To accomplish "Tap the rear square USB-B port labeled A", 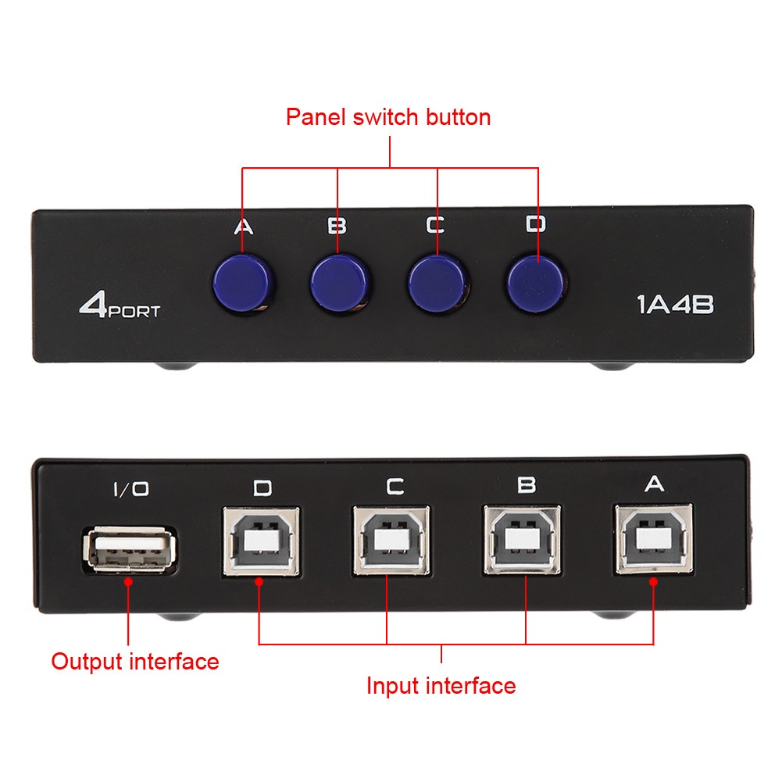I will pos(652,539).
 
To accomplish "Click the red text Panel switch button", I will pos(388,117).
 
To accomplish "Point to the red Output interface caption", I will pos(135,662).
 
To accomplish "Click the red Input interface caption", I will pos(441,686).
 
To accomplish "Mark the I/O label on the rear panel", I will pos(130,490).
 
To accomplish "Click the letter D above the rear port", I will pos(262,488).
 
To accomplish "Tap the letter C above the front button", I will pos(435,225).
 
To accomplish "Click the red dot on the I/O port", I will pos(127,580).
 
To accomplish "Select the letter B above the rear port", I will pos(527,485).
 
